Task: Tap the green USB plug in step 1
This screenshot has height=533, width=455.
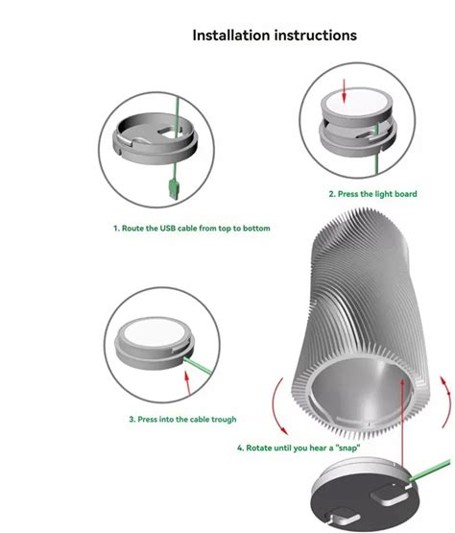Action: (175, 189)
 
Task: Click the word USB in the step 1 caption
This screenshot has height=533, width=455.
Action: (168, 229)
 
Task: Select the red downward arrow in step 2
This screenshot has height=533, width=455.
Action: (344, 91)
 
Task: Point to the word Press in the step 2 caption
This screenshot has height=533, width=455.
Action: (347, 194)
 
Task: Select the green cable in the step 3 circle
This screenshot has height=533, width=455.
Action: (198, 366)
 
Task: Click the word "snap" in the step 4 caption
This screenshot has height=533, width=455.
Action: (347, 448)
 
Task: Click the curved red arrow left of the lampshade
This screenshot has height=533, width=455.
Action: (279, 406)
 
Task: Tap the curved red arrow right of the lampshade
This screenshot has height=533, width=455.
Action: (445, 401)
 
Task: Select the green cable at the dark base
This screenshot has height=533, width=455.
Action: (430, 471)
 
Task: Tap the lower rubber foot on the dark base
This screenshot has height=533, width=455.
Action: (343, 519)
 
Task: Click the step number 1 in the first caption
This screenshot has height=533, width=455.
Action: (116, 229)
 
